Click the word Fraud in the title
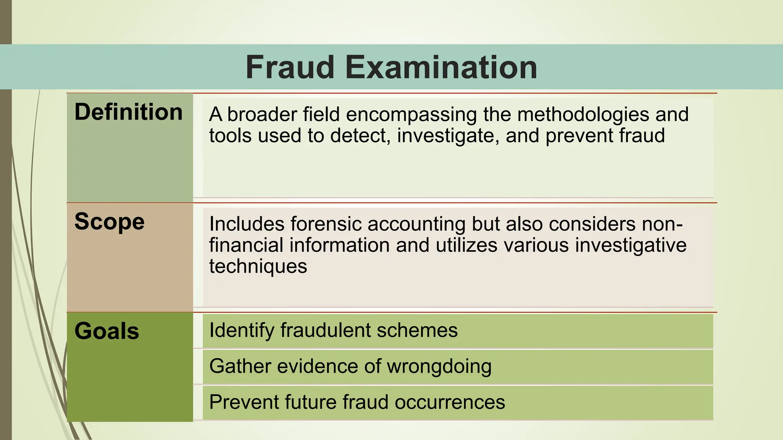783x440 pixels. point(290,67)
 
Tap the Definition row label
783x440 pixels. point(128,112)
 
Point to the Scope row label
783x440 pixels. point(109,222)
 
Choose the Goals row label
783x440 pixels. point(107,331)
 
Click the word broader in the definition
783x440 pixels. point(262,114)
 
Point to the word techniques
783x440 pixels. point(258,266)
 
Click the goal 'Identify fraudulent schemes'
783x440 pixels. point(333,330)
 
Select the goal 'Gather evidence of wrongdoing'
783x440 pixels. point(350,366)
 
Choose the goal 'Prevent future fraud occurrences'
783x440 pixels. point(357,402)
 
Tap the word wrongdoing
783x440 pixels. point(439,366)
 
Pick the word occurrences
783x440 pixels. point(450,402)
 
